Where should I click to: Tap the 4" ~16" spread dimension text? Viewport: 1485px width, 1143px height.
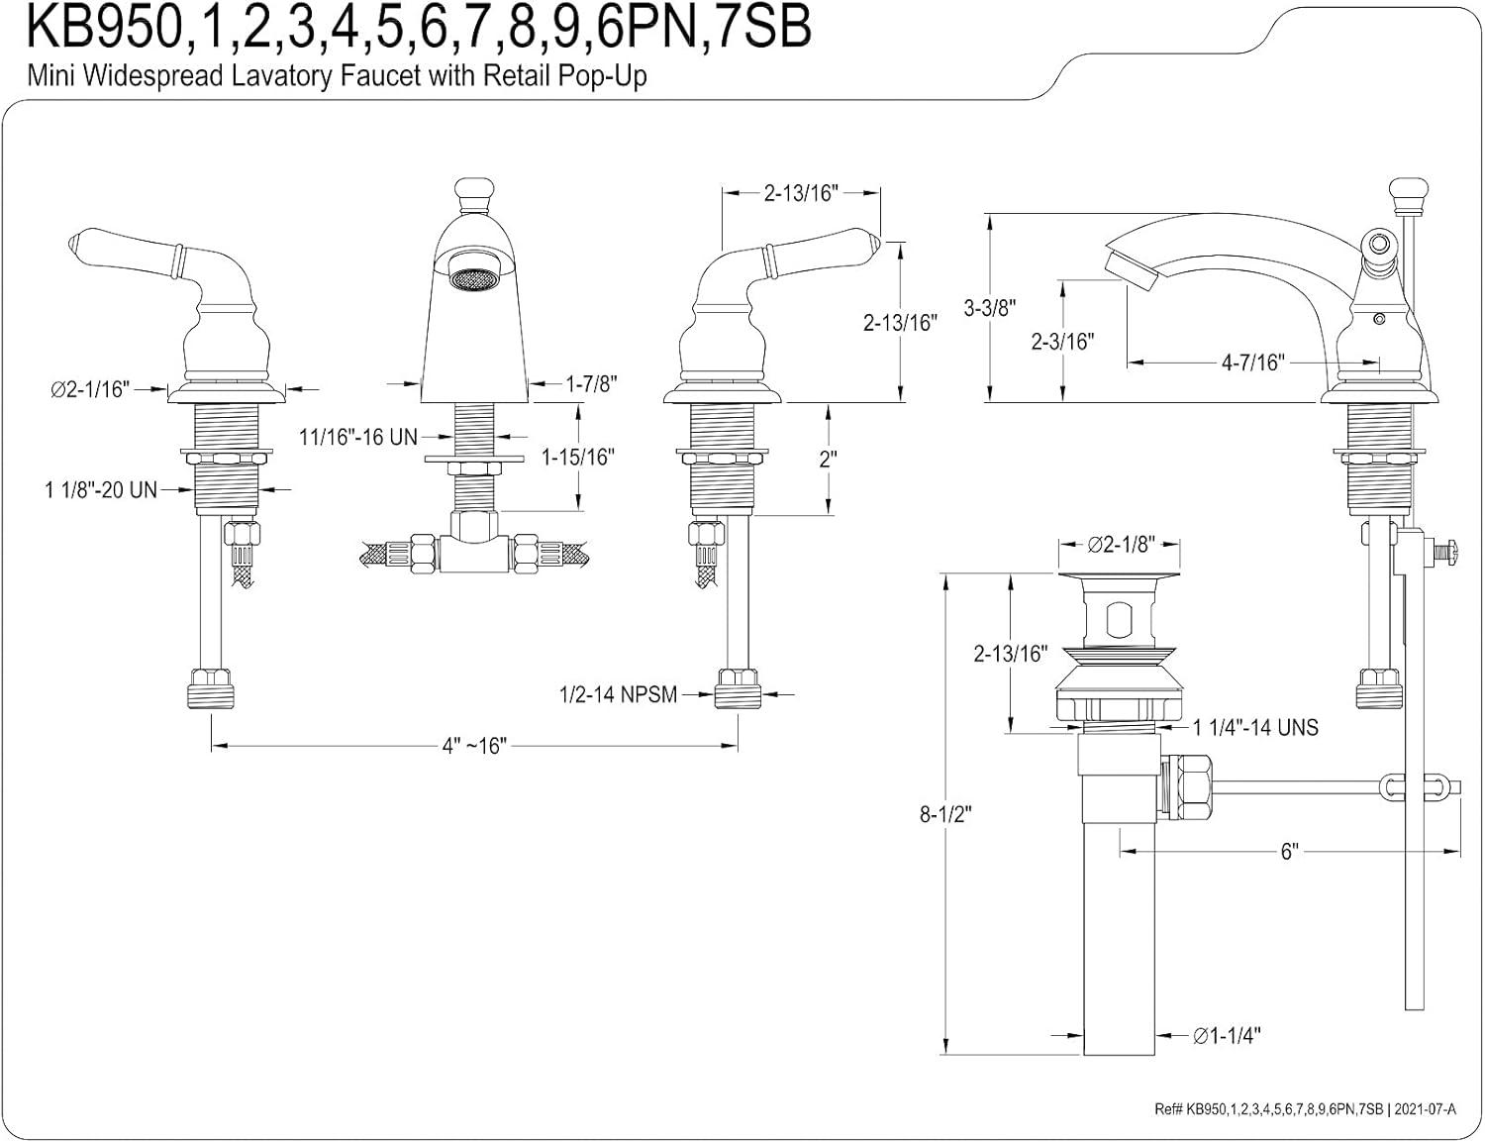point(473,746)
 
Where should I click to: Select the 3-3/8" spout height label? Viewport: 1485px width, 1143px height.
point(991,308)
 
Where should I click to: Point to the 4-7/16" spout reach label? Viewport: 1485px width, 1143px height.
point(1252,363)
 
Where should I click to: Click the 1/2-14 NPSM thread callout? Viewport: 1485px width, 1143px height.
point(618,695)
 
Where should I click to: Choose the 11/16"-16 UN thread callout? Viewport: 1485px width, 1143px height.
point(358,436)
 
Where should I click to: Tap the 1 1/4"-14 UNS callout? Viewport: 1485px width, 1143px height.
point(1255,728)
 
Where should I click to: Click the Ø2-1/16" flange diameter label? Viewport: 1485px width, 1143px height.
point(91,389)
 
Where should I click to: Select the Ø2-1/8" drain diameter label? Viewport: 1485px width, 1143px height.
point(1120,546)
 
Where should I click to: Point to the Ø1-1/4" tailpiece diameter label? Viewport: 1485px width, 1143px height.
point(1227,1036)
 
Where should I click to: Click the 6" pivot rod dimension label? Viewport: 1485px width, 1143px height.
point(1289,852)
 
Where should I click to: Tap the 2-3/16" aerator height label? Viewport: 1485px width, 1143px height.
point(1062,342)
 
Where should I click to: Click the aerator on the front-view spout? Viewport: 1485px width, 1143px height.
point(472,278)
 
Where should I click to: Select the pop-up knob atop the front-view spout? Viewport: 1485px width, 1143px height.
point(472,191)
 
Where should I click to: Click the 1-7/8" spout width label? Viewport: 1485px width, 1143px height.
point(591,383)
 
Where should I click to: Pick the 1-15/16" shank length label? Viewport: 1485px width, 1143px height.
point(578,457)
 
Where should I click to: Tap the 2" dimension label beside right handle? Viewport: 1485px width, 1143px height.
point(828,460)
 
